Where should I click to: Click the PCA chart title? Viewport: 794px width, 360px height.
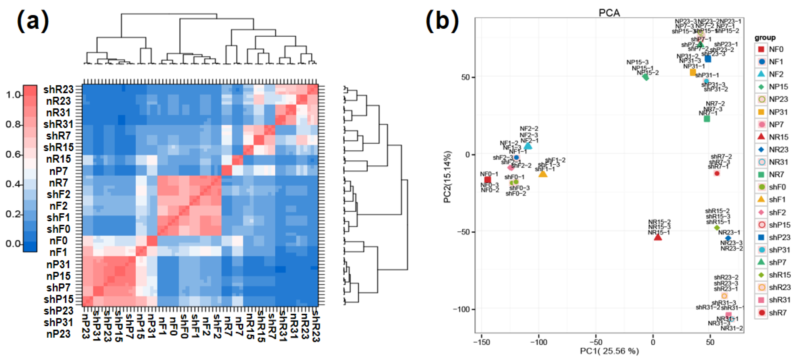(609, 13)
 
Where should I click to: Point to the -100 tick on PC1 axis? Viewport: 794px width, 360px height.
(539, 342)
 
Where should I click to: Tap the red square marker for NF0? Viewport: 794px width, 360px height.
(488, 180)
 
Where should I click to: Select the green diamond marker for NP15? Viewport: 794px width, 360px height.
(646, 77)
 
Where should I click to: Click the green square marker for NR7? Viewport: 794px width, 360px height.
(707, 119)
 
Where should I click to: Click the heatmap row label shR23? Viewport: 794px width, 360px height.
(58, 89)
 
